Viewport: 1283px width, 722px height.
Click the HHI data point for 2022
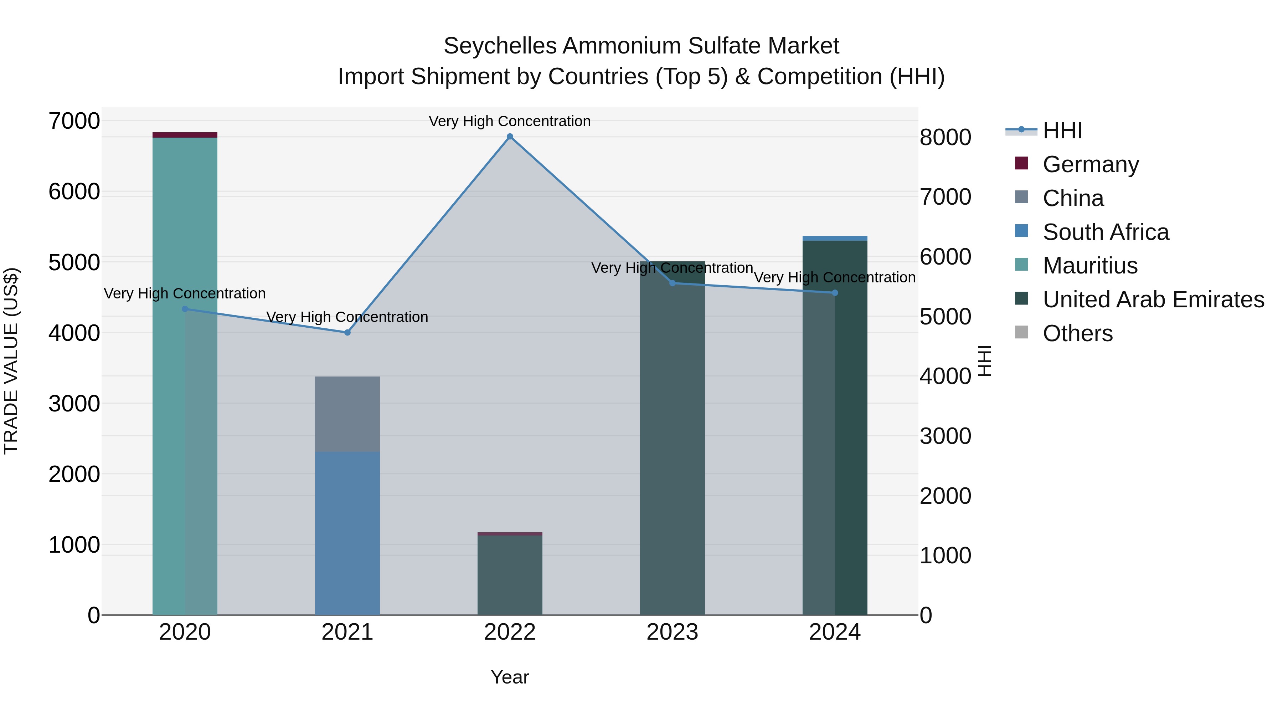click(x=510, y=137)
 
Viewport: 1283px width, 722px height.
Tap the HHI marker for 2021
click(x=347, y=332)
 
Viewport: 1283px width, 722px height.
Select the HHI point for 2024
click(x=835, y=293)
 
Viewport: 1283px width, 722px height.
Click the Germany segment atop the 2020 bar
click(x=185, y=134)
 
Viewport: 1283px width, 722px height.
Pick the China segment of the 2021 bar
click(x=347, y=414)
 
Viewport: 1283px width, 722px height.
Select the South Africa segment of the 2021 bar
click(x=347, y=533)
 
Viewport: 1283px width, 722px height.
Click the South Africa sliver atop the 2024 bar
click(x=835, y=239)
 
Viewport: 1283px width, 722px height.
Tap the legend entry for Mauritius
click(x=1090, y=266)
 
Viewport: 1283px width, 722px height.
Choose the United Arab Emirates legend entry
click(x=1153, y=299)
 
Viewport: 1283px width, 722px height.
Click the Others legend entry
click(x=1077, y=333)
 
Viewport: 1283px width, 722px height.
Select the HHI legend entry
click(x=1062, y=130)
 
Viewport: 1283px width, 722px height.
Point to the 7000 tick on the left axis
click(x=74, y=121)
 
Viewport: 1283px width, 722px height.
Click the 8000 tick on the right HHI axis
click(x=945, y=138)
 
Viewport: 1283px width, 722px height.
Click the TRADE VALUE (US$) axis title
click(x=11, y=361)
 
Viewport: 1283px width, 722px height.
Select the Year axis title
click(x=510, y=677)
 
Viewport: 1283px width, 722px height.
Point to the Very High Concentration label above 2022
click(x=510, y=121)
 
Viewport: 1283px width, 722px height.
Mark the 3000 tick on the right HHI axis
click(x=945, y=436)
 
